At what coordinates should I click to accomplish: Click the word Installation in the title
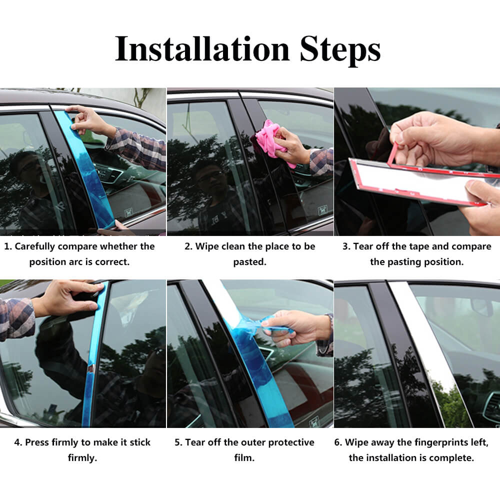[202, 49]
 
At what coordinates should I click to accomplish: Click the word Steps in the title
[340, 49]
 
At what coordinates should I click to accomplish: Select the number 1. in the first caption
[8, 246]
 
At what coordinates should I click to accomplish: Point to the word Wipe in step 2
[208, 246]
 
